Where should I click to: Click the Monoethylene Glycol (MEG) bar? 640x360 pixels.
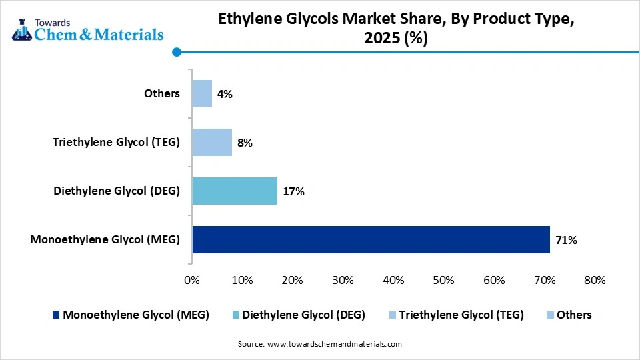[371, 239]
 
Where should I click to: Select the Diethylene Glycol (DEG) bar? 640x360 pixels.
[235, 191]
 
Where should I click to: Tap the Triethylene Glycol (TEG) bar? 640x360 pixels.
[212, 142]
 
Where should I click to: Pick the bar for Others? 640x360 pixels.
[202, 93]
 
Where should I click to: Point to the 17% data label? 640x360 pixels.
[294, 191]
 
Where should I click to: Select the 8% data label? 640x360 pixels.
[245, 143]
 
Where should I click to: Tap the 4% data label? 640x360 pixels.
[225, 94]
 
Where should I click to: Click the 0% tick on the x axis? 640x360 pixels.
[192, 280]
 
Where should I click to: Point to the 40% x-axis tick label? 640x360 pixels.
[393, 280]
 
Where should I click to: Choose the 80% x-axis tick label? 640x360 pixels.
[595, 280]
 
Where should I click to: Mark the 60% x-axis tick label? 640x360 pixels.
[494, 280]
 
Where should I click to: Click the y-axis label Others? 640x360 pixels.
[162, 93]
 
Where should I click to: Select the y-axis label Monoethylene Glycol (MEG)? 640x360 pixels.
[105, 239]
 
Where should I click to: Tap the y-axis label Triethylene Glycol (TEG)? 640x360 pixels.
[117, 142]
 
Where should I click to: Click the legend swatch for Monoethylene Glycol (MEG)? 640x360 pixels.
[56, 315]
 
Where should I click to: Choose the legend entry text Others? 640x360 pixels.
[574, 315]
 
